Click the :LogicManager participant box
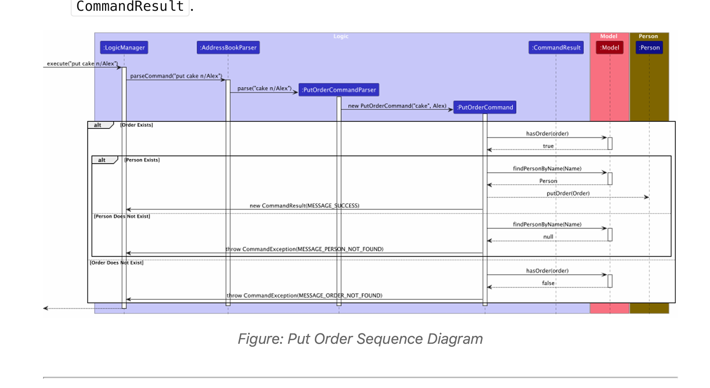pyautogui.click(x=124, y=48)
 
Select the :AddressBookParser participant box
pyautogui.click(x=228, y=48)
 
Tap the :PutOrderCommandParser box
pyautogui.click(x=339, y=90)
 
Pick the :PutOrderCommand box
pyautogui.click(x=485, y=107)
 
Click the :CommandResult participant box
pyautogui.click(x=556, y=48)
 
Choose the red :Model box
pyautogui.click(x=610, y=48)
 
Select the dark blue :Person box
pyautogui.click(x=649, y=48)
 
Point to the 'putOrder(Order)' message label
pyautogui.click(x=568, y=193)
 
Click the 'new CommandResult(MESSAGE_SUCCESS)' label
pyautogui.click(x=304, y=206)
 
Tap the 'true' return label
pyautogui.click(x=548, y=146)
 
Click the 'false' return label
pyautogui.click(x=548, y=283)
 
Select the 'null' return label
pyautogui.click(x=548, y=237)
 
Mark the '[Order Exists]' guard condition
pyautogui.click(x=137, y=125)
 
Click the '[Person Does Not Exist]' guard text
pyautogui.click(x=122, y=216)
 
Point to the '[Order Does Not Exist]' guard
pyautogui.click(x=116, y=263)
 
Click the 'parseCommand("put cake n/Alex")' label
pyautogui.click(x=176, y=76)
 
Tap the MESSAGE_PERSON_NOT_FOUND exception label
pyautogui.click(x=304, y=249)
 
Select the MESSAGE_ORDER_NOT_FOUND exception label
pyautogui.click(x=304, y=295)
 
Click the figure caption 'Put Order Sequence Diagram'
pyautogui.click(x=360, y=339)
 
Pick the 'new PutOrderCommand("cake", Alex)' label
pyautogui.click(x=397, y=106)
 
